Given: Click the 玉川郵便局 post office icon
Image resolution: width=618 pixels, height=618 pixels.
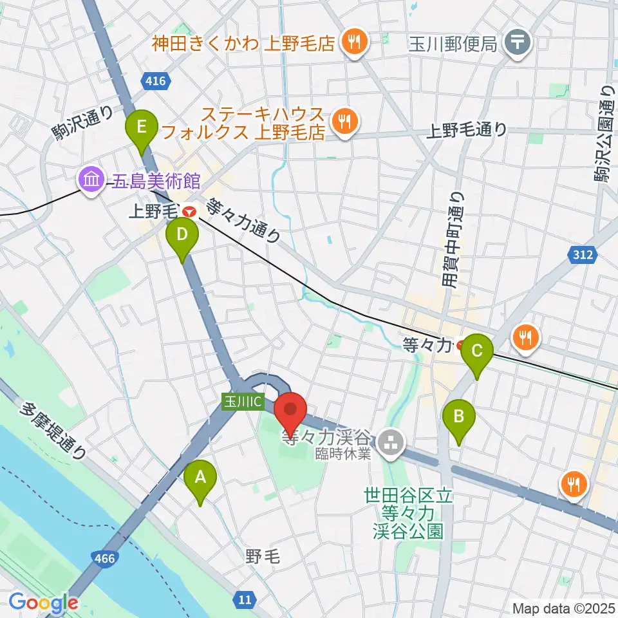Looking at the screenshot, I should [517, 43].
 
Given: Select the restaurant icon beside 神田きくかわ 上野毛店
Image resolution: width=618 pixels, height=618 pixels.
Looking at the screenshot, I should [353, 43].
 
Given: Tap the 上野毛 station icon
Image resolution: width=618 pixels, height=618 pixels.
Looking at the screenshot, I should [189, 211].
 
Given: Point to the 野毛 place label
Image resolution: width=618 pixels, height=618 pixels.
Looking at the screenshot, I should [263, 557].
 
